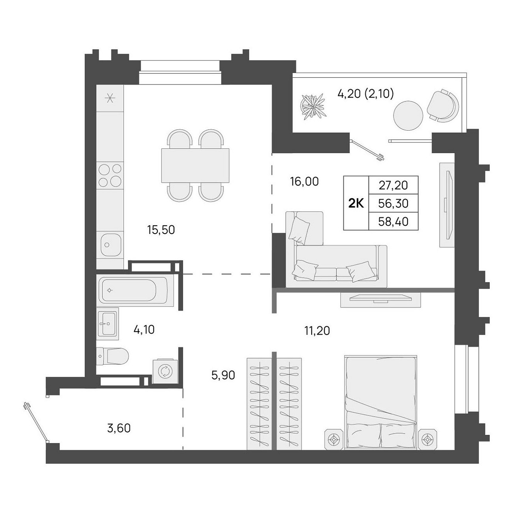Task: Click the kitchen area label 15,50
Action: pos(161,230)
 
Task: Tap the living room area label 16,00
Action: pos(304,182)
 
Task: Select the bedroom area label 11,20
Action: pos(317,331)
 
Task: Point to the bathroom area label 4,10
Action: pos(144,330)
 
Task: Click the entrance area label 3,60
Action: pos(119,428)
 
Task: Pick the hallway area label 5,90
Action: pos(223,376)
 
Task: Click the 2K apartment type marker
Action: pos(356,204)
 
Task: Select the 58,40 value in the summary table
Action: pos(393,221)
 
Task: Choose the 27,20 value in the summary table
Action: pos(393,185)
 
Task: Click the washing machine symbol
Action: pos(165,371)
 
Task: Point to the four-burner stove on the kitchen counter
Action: pos(110,176)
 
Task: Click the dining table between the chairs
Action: pos(195,166)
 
